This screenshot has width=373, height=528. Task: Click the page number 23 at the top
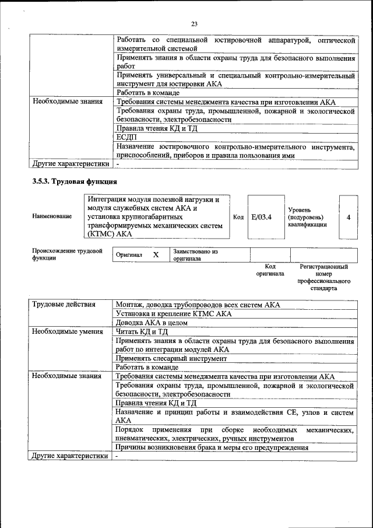[194, 24]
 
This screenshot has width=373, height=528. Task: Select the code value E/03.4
[262, 217]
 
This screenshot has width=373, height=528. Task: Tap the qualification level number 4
[348, 217]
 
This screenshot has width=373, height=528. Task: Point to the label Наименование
[52, 216]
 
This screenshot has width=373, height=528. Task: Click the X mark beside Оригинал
[156, 255]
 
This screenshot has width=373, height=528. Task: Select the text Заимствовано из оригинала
[195, 255]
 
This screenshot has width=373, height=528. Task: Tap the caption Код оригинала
[270, 270]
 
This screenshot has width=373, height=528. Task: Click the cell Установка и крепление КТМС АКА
[174, 314]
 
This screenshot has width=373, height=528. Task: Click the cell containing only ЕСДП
[126, 137]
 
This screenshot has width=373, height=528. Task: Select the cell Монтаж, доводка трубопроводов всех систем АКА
[198, 305]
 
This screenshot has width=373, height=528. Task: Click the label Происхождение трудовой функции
[67, 254]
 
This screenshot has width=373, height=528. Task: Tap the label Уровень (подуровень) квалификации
[307, 217]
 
